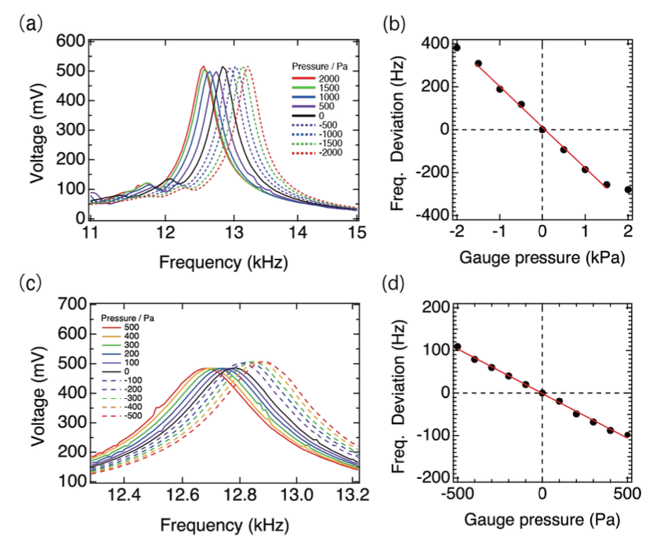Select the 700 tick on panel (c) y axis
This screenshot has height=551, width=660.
coord(71,302)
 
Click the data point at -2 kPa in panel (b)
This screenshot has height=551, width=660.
coord(456,48)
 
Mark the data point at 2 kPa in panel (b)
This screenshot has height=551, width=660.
coord(628,190)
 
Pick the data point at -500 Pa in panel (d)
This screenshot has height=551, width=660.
coord(457,346)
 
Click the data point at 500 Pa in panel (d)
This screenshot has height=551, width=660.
coord(627,435)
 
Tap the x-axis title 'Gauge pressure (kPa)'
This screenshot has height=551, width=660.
coord(542,256)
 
